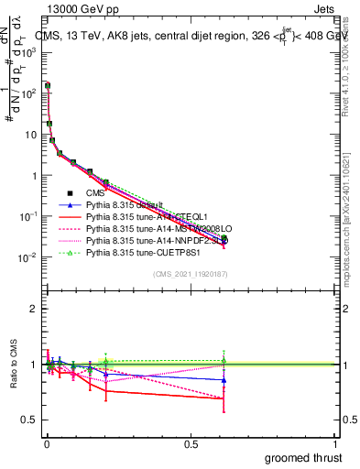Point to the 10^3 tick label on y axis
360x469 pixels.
pos(29,52)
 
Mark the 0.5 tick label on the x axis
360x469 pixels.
pos(191,444)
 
